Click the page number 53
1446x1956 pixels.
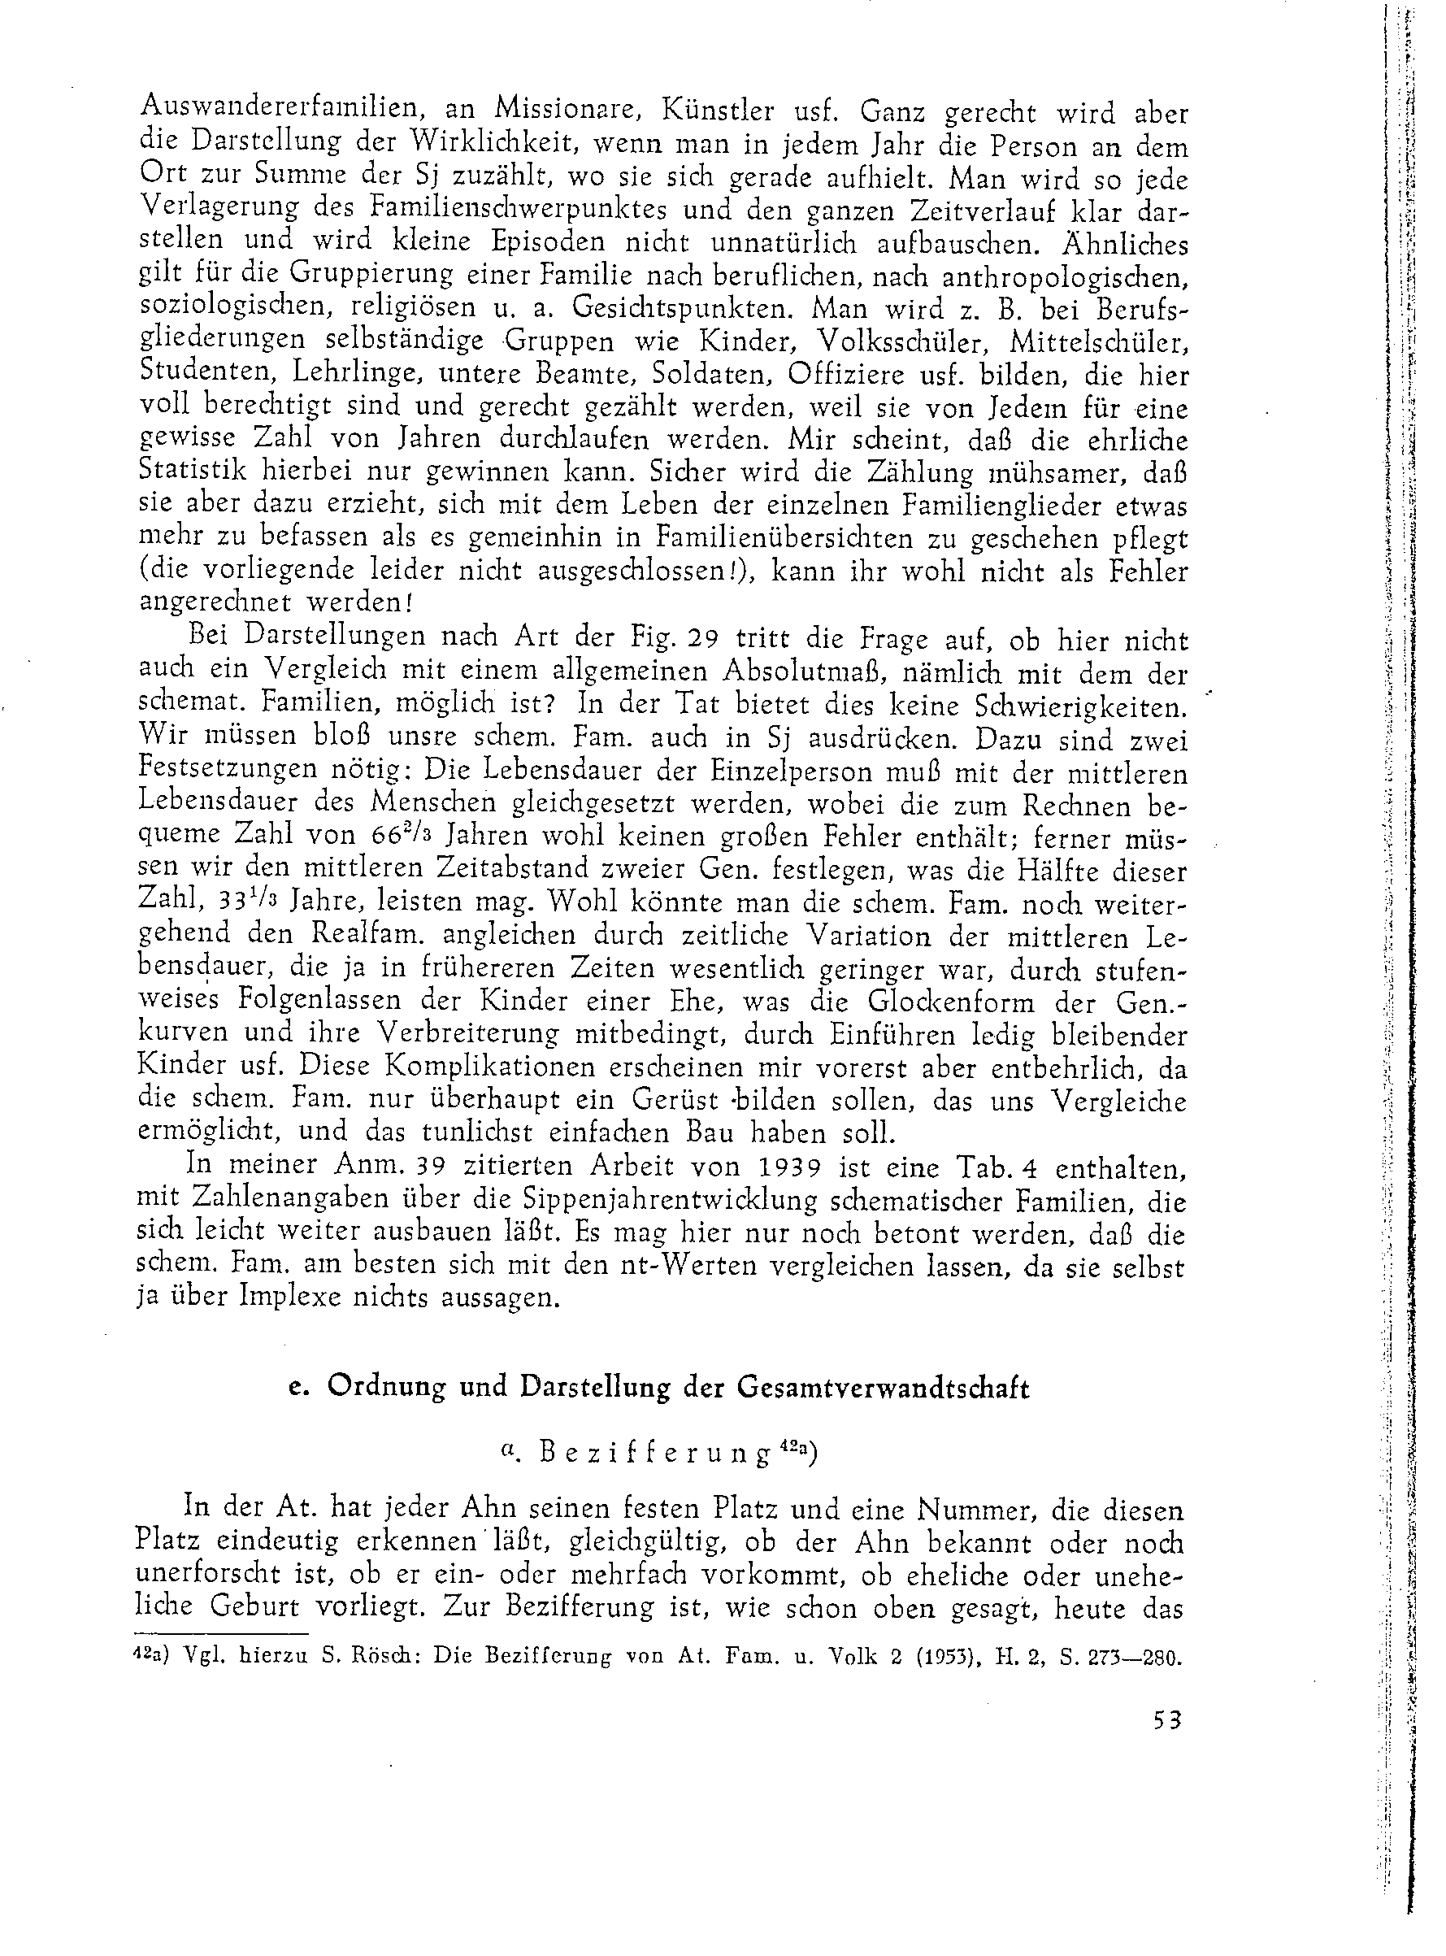1168,1720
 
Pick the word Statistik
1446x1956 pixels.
193,471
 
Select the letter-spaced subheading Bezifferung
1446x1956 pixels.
656,1454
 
